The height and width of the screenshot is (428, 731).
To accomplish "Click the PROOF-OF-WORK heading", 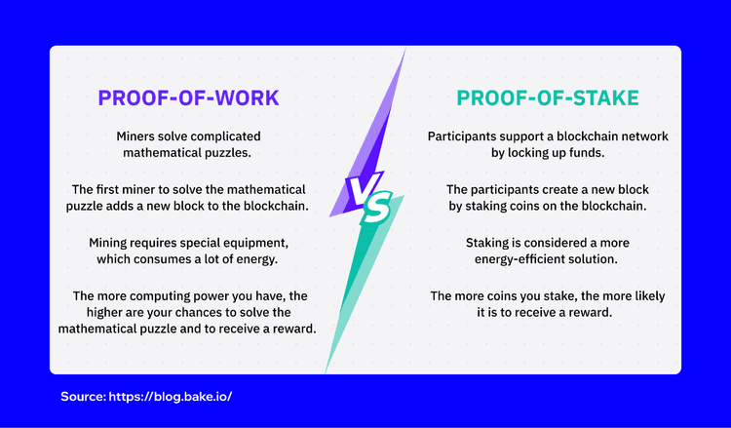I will pyautogui.click(x=187, y=98).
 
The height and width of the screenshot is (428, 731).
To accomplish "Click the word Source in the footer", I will pyautogui.click(x=83, y=398).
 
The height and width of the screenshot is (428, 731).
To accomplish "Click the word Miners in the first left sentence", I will pyautogui.click(x=136, y=136).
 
